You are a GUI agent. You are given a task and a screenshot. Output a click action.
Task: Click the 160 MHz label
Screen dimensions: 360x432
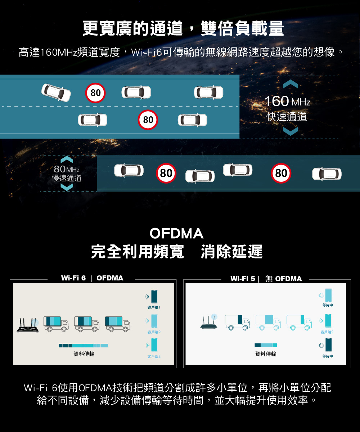pyautogui.click(x=287, y=101)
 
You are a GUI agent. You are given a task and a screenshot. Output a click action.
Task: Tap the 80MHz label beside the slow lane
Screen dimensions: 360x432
pyautogui.click(x=66, y=169)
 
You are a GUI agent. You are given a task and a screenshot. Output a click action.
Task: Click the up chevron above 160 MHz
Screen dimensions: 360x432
pyautogui.click(x=290, y=84)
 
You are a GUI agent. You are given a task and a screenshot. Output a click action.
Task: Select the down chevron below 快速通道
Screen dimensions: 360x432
pyautogui.click(x=290, y=131)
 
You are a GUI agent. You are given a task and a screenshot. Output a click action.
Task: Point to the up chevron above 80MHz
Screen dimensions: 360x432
pyautogui.click(x=67, y=159)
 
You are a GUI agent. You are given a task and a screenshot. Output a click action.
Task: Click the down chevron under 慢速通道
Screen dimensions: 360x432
pyautogui.click(x=67, y=187)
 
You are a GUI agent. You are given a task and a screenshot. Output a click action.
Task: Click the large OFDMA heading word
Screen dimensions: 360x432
pyautogui.click(x=176, y=233)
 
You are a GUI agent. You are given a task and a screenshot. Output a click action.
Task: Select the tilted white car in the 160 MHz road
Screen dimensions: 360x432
pyautogui.click(x=56, y=92)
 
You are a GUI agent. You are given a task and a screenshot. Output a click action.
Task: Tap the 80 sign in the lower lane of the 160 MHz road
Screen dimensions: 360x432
pyautogui.click(x=148, y=120)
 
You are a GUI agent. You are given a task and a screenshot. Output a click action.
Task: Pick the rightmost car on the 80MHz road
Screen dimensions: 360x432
pyautogui.click(x=327, y=174)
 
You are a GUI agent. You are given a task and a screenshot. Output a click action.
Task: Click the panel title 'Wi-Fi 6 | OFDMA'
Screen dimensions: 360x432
pyautogui.click(x=92, y=278)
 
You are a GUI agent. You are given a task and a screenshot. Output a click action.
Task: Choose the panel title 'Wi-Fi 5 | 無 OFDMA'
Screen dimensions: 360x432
pyautogui.click(x=266, y=279)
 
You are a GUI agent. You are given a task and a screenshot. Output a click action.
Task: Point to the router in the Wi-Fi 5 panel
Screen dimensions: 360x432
pyautogui.click(x=209, y=321)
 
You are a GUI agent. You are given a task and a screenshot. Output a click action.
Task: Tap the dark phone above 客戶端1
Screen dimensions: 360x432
pyautogui.click(x=154, y=297)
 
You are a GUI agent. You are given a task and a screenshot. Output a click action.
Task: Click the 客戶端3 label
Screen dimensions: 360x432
pyautogui.click(x=154, y=356)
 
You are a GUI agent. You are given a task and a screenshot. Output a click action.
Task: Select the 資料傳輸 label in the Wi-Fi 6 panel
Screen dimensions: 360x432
pyautogui.click(x=84, y=354)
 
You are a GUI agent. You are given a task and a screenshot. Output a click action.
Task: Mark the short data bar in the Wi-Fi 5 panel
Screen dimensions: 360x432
pyautogui.click(x=266, y=345)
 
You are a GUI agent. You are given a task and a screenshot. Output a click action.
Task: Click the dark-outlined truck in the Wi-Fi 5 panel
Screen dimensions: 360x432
pyautogui.click(x=237, y=322)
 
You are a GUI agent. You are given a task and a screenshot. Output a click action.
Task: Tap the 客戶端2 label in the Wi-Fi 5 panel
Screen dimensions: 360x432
pyautogui.click(x=327, y=332)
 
